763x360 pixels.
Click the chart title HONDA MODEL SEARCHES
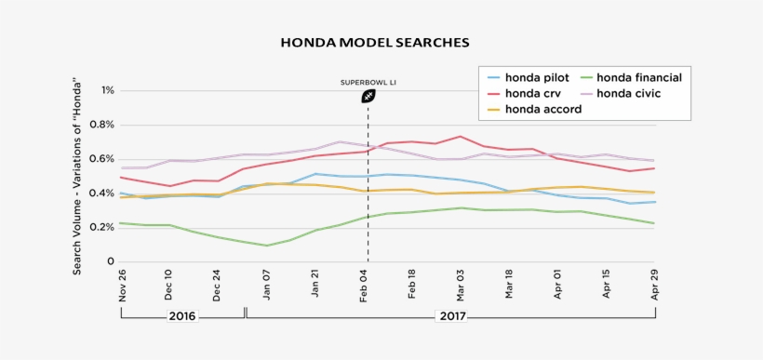click(x=375, y=43)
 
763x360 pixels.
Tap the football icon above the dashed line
click(x=368, y=97)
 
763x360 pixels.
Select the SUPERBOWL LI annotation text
click(x=368, y=82)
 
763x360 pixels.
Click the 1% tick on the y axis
click(x=108, y=91)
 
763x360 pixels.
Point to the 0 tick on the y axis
click(x=111, y=261)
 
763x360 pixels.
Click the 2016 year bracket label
click(x=182, y=316)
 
